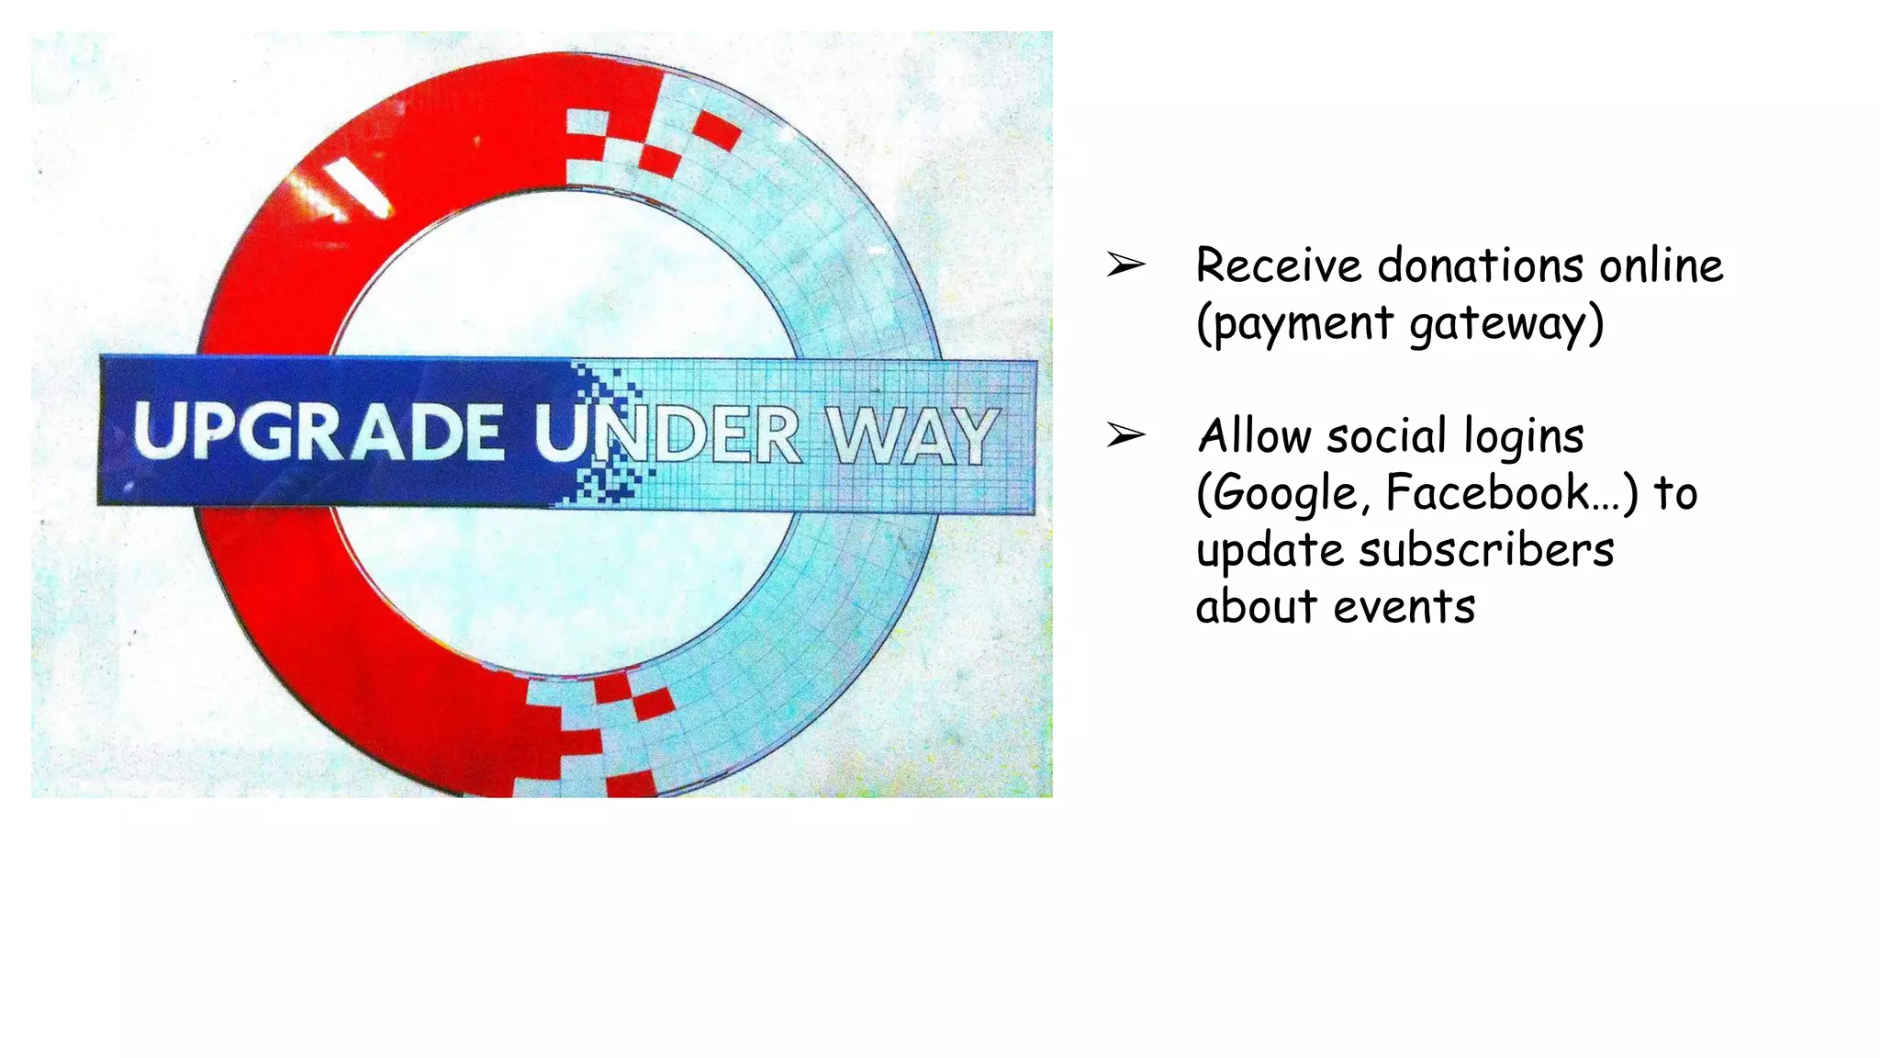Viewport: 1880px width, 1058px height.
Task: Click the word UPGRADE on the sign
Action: [319, 432]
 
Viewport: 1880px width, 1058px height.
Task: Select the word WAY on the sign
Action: [912, 436]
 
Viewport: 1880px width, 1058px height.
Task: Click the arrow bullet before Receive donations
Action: [1125, 265]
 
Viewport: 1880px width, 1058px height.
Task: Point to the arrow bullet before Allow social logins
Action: [1125, 434]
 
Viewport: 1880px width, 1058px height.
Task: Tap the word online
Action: [1662, 266]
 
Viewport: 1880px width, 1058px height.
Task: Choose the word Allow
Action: [1254, 436]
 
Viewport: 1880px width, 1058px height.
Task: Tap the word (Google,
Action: [1283, 494]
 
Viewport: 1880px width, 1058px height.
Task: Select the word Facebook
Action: [1488, 493]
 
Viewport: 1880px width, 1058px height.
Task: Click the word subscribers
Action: [1486, 550]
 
